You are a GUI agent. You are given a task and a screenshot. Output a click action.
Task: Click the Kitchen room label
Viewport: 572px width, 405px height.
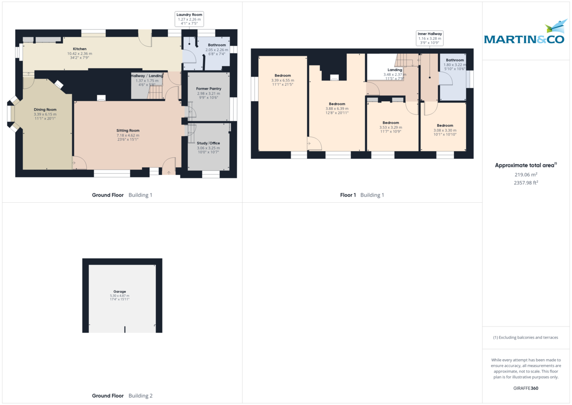click(80, 49)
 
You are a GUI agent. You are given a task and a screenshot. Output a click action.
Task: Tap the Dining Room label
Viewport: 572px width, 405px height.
click(45, 110)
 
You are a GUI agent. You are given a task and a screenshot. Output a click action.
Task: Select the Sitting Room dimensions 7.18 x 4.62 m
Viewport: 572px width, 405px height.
click(128, 135)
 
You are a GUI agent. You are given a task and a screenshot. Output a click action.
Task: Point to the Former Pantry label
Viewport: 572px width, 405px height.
click(208, 89)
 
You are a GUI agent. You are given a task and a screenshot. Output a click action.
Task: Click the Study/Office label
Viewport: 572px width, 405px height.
click(208, 143)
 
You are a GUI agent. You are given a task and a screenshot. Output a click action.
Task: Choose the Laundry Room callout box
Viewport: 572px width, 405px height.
click(189, 19)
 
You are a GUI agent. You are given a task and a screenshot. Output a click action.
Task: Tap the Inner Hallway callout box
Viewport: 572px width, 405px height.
click(430, 38)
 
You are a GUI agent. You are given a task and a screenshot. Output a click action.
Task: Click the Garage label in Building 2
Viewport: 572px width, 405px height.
click(119, 291)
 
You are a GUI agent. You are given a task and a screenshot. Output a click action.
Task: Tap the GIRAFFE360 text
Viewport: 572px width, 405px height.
click(526, 388)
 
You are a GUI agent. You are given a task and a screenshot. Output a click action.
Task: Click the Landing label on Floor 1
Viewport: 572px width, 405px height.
click(395, 70)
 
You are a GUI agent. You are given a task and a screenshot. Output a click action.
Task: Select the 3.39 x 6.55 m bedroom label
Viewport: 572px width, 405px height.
click(283, 75)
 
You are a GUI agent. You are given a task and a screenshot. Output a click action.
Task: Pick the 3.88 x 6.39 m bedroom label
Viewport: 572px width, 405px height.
click(337, 104)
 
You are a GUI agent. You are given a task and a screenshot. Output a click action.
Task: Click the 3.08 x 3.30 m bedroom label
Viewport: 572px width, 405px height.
click(445, 125)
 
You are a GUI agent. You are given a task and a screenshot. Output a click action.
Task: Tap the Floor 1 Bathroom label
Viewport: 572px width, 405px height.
click(455, 60)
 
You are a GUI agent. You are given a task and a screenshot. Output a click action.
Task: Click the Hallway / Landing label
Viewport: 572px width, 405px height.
click(147, 76)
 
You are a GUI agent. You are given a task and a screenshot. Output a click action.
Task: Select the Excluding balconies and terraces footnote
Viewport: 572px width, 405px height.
click(526, 337)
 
